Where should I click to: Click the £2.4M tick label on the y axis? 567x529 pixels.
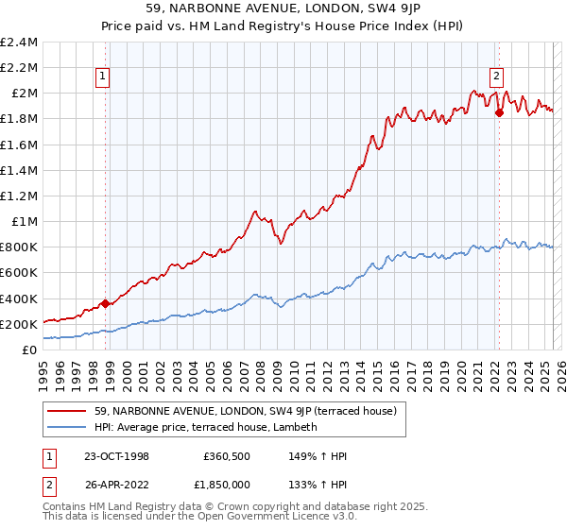(x=20, y=43)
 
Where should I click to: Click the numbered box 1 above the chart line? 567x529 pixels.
(x=102, y=78)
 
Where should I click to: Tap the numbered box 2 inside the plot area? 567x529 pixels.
(x=496, y=78)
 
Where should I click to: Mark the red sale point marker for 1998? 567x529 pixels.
(x=106, y=303)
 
